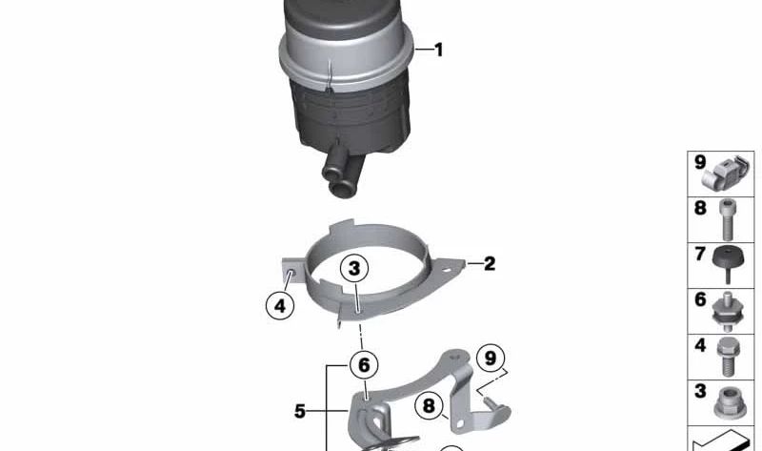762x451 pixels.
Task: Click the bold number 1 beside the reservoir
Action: click(x=439, y=50)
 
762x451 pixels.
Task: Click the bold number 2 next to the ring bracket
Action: click(x=490, y=264)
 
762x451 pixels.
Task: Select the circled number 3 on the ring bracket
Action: click(x=354, y=268)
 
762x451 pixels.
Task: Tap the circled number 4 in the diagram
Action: click(x=280, y=306)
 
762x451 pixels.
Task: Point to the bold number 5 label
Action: click(x=300, y=411)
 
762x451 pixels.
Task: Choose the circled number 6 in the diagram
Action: click(x=364, y=365)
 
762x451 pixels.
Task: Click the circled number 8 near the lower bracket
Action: click(x=429, y=406)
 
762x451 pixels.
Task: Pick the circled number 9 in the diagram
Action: click(x=491, y=359)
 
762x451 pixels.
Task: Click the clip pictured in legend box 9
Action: click(x=726, y=173)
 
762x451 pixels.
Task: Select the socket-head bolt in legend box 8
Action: click(x=727, y=220)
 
